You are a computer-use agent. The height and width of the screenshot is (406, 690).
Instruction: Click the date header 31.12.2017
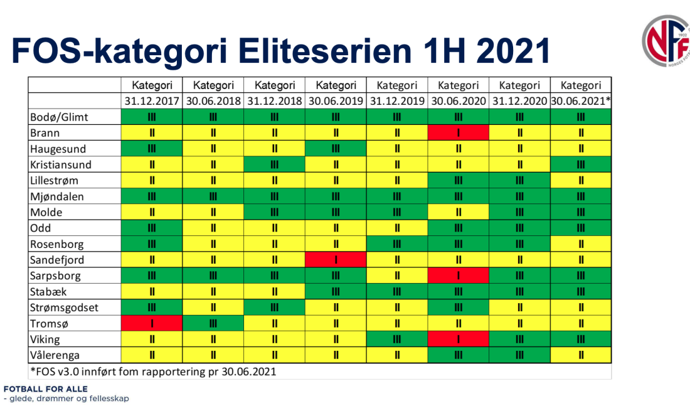click(x=152, y=101)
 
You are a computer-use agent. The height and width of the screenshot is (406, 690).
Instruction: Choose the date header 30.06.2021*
click(x=581, y=101)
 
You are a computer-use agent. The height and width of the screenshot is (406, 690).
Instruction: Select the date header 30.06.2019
click(x=336, y=101)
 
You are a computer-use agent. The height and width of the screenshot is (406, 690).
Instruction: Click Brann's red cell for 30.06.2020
click(x=458, y=133)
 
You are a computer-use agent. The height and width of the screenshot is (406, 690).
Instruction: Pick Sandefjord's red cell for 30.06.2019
click(x=336, y=260)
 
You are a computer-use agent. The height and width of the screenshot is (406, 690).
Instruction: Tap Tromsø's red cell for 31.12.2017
click(x=152, y=324)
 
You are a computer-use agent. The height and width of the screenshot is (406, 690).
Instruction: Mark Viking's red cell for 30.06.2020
click(x=458, y=339)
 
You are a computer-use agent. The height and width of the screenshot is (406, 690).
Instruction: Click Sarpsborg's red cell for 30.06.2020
click(x=458, y=276)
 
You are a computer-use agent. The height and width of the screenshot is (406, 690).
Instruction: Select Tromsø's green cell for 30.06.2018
click(x=213, y=324)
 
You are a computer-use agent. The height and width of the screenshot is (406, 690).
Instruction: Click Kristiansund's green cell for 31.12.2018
click(x=274, y=165)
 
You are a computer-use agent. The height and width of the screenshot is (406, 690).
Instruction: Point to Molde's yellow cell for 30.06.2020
click(x=458, y=213)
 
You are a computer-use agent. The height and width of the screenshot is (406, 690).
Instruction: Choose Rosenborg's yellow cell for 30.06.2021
click(x=581, y=244)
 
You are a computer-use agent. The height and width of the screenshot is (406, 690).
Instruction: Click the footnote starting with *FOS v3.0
click(x=153, y=371)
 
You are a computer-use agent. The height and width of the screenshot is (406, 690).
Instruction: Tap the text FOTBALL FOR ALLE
click(x=46, y=389)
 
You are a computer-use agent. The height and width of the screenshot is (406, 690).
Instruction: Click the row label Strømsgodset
click(x=65, y=307)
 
